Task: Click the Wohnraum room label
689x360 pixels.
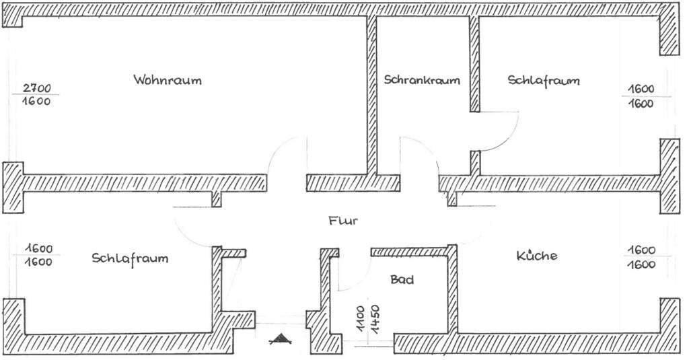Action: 168,80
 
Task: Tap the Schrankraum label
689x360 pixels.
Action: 422,79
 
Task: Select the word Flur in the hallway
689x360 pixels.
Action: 343,220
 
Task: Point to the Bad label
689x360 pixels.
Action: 402,279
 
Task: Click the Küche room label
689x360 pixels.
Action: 536,256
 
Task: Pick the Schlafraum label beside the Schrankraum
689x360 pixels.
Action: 544,80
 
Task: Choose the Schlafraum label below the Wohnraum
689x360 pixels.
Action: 130,258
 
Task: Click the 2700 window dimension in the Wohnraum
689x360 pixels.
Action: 37,88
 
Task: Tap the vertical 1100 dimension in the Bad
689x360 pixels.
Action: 360,319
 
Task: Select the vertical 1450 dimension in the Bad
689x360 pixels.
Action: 375,319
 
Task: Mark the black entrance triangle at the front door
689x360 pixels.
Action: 281,338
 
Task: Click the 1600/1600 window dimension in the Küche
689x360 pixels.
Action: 641,256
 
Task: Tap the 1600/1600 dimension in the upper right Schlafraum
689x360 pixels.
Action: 641,96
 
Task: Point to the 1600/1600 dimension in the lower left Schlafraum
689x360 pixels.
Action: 38,255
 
